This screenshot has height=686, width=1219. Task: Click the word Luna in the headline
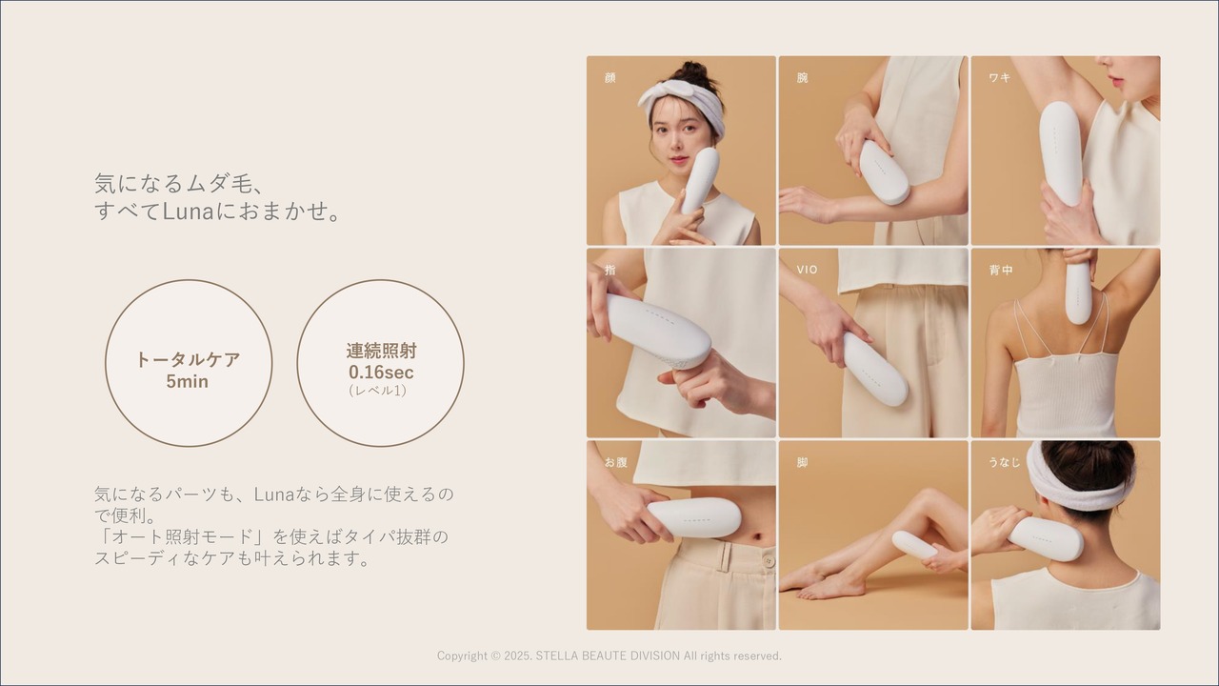pyautogui.click(x=189, y=212)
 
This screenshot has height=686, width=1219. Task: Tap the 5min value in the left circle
pyautogui.click(x=188, y=381)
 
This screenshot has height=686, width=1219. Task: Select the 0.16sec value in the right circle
pyautogui.click(x=381, y=372)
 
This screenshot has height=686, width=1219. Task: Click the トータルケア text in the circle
pyautogui.click(x=188, y=359)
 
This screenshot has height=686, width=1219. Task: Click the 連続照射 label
pyautogui.click(x=381, y=351)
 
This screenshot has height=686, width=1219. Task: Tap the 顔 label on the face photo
pyautogui.click(x=610, y=77)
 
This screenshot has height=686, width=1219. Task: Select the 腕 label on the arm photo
pyautogui.click(x=803, y=77)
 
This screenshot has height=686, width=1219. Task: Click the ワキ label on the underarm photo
pyautogui.click(x=999, y=77)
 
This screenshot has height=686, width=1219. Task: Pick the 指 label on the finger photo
pyautogui.click(x=610, y=270)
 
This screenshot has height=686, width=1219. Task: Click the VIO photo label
pyautogui.click(x=807, y=270)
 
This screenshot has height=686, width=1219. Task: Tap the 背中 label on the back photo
pyautogui.click(x=1001, y=270)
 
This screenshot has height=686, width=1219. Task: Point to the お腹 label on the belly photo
pyautogui.click(x=616, y=462)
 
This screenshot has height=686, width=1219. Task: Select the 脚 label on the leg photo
pyautogui.click(x=803, y=462)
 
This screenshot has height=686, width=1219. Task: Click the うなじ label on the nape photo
pyautogui.click(x=1004, y=462)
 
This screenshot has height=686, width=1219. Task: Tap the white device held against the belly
pyautogui.click(x=694, y=517)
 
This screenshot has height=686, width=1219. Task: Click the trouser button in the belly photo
pyautogui.click(x=768, y=560)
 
